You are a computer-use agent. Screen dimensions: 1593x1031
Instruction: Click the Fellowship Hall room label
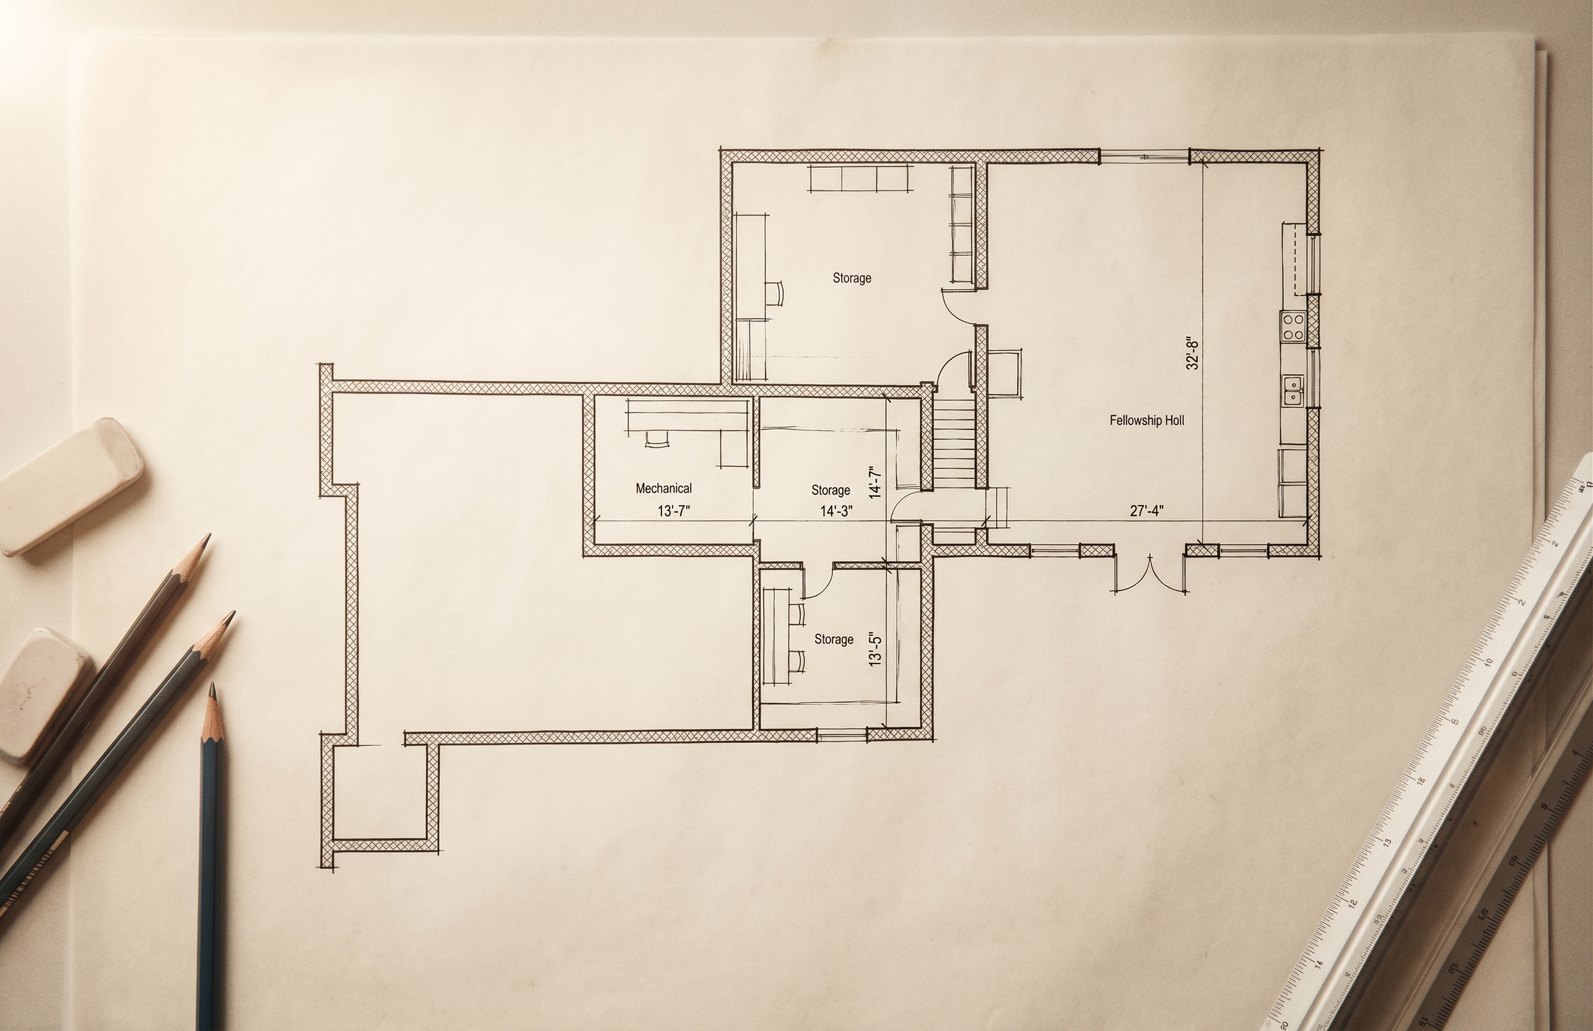click(x=1146, y=421)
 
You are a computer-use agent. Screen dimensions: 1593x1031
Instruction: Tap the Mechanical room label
click(x=664, y=489)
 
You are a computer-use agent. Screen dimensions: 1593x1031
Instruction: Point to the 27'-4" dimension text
click(x=1146, y=511)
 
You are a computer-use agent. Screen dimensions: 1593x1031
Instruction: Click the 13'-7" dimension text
click(x=674, y=512)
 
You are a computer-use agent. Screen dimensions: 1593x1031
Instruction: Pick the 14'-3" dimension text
click(x=836, y=512)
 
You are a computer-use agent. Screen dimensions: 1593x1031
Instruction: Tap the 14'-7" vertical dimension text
click(x=875, y=483)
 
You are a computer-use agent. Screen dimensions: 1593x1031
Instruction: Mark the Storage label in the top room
click(x=852, y=278)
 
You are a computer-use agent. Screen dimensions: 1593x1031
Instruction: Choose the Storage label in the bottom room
click(x=834, y=639)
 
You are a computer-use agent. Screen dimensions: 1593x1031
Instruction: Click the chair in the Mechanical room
click(x=657, y=439)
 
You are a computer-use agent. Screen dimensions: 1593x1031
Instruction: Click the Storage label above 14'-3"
click(x=831, y=490)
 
